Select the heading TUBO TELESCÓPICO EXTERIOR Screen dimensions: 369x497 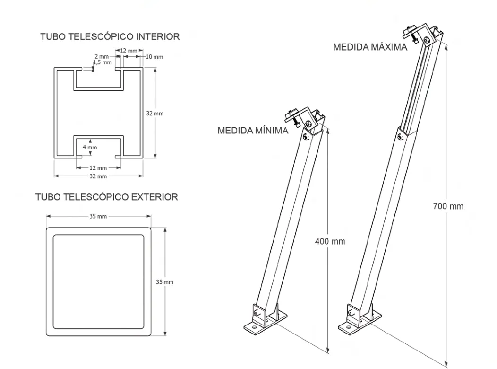(x=107, y=197)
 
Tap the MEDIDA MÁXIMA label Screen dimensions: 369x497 (x=370, y=48)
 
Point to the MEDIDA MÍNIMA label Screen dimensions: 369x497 (x=252, y=131)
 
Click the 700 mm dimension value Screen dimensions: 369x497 (x=448, y=206)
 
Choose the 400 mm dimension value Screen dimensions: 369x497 (x=330, y=241)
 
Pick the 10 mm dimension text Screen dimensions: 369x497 (x=154, y=57)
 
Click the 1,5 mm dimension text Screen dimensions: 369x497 (x=103, y=62)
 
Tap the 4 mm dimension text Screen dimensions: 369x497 (x=90, y=147)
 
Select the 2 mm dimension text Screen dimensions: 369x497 (x=101, y=57)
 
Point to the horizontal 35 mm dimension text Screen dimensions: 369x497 (x=98, y=216)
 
